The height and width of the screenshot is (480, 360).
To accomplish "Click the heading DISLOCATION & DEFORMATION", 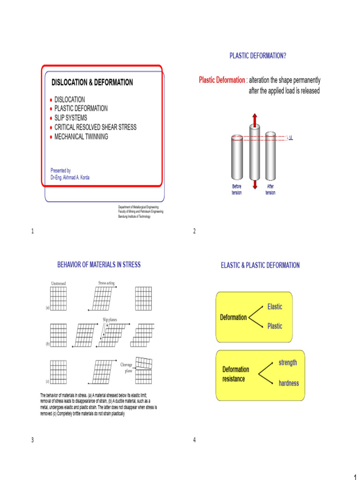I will click(x=92, y=82).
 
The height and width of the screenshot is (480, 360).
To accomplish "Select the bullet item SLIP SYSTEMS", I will click(x=70, y=118).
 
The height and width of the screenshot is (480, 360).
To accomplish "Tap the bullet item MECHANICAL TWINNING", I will click(x=81, y=137).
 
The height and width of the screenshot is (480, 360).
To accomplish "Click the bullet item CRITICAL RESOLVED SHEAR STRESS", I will click(x=95, y=127).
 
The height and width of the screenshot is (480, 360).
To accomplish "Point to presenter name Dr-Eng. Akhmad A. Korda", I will click(x=70, y=178).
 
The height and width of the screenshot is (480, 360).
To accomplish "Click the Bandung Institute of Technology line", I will click(x=134, y=217).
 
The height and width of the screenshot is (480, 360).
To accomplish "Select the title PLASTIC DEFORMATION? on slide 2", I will click(x=258, y=56).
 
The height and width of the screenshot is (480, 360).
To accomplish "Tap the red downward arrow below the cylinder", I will click(x=255, y=184).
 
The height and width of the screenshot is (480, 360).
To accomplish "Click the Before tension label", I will click(x=237, y=189).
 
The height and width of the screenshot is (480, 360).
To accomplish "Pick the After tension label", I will click(x=270, y=189).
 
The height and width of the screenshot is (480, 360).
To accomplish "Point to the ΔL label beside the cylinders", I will click(x=290, y=138).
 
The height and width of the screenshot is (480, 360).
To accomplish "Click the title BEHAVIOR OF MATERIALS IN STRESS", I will click(x=99, y=265).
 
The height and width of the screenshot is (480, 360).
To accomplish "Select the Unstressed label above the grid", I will click(x=59, y=283).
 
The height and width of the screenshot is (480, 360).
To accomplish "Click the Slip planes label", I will click(x=110, y=320).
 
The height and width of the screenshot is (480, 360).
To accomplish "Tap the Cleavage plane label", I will click(x=127, y=367).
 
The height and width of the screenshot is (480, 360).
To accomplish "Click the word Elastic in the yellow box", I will click(x=275, y=307).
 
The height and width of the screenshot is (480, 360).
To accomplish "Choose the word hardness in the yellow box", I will click(x=289, y=383).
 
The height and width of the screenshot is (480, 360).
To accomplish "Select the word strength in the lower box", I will click(x=288, y=363).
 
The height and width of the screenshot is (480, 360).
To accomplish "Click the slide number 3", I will click(x=32, y=439).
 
